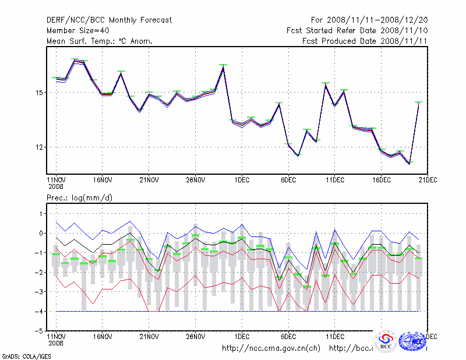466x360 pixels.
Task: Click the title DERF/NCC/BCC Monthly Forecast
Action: pos(109,20)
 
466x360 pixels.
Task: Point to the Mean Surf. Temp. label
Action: pos(100,41)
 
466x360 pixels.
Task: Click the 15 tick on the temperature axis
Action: pos(40,93)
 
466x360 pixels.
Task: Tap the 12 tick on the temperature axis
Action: pos(40,147)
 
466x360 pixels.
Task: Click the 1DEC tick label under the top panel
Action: pos(242,180)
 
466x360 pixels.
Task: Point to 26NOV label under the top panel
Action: pos(196,180)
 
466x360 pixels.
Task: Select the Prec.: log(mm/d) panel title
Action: pos(79,198)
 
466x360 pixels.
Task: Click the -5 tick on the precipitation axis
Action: pos(39,331)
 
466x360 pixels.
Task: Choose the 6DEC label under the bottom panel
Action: pos(288,336)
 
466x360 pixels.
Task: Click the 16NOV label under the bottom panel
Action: pos(103,336)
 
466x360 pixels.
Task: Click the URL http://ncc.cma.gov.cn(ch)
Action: pos(271,348)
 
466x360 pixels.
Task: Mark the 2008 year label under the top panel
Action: pos(56,187)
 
